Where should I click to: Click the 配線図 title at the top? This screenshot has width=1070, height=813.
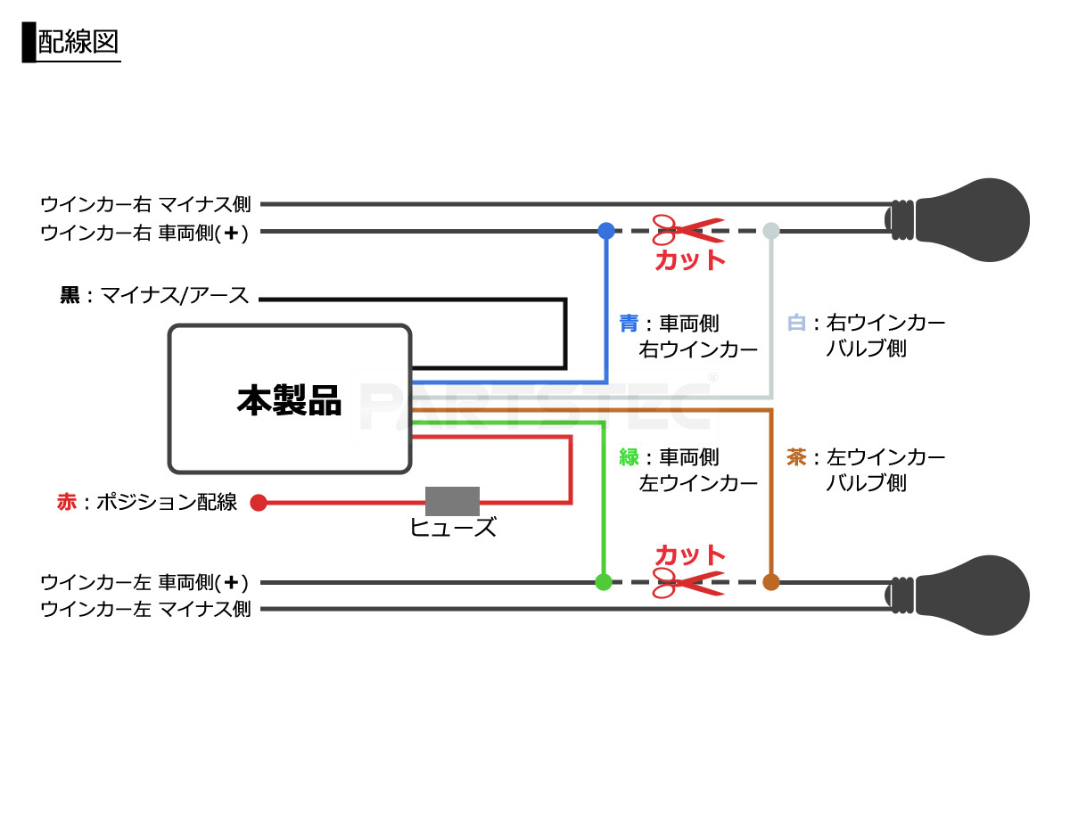click(78, 43)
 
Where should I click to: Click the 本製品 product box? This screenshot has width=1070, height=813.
click(289, 398)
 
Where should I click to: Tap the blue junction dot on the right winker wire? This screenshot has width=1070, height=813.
click(606, 231)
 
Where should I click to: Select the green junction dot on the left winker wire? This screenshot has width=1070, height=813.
click(603, 583)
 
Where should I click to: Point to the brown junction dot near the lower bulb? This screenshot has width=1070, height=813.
click(771, 583)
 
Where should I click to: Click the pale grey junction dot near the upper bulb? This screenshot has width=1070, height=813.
click(771, 231)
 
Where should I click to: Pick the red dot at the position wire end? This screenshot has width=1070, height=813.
click(259, 503)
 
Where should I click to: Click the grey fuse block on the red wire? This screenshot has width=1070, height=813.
click(452, 502)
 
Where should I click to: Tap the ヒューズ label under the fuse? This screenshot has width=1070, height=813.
click(452, 528)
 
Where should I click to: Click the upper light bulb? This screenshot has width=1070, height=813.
click(967, 220)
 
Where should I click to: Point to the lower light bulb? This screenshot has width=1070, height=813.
click(967, 595)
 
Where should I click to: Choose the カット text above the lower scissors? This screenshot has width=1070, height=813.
click(690, 554)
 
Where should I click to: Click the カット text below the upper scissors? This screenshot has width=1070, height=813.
click(690, 260)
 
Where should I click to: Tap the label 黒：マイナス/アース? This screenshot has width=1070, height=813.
click(154, 296)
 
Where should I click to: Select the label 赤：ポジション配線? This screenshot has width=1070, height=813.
click(147, 503)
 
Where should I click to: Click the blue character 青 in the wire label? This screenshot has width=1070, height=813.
click(629, 323)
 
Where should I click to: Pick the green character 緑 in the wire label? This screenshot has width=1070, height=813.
click(629, 457)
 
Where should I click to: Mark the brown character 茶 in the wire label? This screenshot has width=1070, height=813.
click(796, 457)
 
